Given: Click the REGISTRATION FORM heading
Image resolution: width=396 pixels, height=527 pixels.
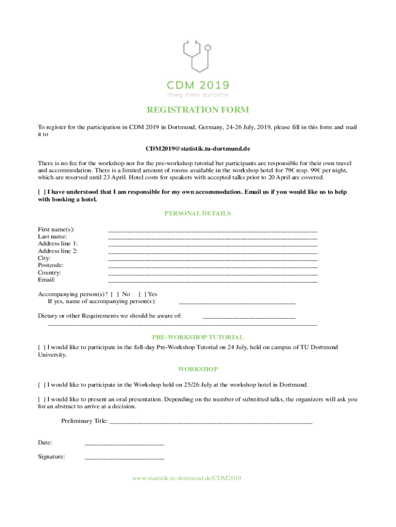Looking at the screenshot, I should coord(198,110).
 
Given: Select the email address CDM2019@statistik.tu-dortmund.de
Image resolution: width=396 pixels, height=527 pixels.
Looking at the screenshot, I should coord(198,149).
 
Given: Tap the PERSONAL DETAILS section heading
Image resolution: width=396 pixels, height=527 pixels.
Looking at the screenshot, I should coord(198,213).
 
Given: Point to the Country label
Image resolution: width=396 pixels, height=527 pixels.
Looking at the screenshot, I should coord(50,273).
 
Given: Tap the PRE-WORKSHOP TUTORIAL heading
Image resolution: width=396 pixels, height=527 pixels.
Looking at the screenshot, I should coord(198,337).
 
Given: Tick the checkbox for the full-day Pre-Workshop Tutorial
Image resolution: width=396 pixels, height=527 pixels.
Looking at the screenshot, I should coord(42,347).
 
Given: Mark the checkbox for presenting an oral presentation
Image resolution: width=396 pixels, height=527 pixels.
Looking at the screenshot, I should coord(42,399).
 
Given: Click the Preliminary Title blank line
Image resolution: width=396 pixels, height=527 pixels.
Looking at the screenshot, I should coord(211,423).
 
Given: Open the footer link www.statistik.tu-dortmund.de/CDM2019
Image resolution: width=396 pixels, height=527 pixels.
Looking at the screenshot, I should coord(187,478).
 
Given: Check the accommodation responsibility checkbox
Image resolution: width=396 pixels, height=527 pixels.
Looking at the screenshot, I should coord(42,192).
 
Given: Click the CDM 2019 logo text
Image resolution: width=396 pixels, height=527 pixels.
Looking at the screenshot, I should coord(197,85).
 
